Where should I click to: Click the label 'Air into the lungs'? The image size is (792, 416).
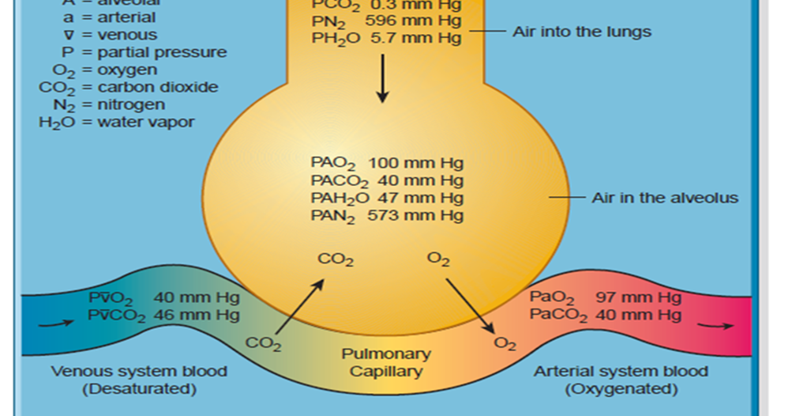[x=582, y=32]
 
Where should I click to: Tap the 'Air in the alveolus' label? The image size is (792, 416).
[x=665, y=198]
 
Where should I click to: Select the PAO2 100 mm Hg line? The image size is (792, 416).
[x=386, y=164]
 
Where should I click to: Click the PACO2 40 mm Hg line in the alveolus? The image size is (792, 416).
[x=386, y=181]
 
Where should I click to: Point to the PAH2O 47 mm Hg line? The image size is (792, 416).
[x=386, y=198]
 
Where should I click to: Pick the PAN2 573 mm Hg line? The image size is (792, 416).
[x=386, y=215]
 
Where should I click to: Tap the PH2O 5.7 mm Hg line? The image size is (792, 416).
[x=386, y=39]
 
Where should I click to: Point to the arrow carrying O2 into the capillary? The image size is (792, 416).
[x=470, y=304]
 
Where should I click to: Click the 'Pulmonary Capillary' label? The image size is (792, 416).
[x=385, y=362]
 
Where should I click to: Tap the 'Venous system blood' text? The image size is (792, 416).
[x=139, y=371]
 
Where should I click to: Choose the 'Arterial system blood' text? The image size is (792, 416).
[x=621, y=371]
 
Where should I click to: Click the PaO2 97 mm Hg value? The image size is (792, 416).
[x=605, y=298]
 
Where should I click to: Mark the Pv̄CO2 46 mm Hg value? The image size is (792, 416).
[x=164, y=315]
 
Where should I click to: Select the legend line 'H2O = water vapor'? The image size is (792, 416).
[x=116, y=122]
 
